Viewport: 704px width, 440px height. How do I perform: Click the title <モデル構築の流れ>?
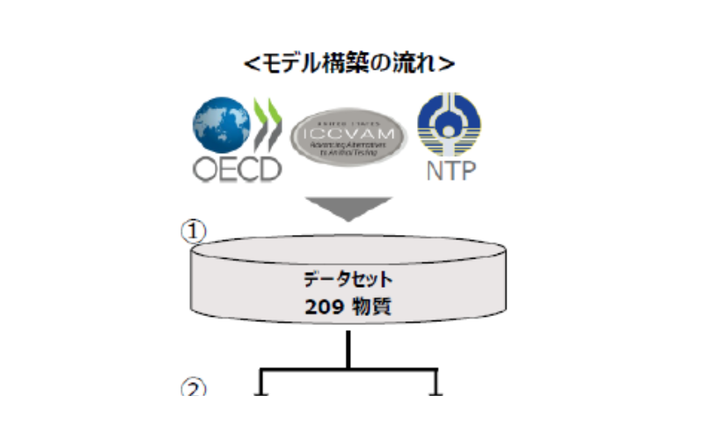349,62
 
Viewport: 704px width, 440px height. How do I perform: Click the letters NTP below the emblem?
449,169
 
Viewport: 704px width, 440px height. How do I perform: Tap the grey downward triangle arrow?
349,208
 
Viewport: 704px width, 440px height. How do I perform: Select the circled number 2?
193,388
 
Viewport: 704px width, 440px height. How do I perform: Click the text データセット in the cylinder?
348,281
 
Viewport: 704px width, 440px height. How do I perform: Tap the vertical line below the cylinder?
349,348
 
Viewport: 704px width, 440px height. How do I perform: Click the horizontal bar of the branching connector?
349,369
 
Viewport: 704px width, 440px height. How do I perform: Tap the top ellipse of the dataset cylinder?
349,245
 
